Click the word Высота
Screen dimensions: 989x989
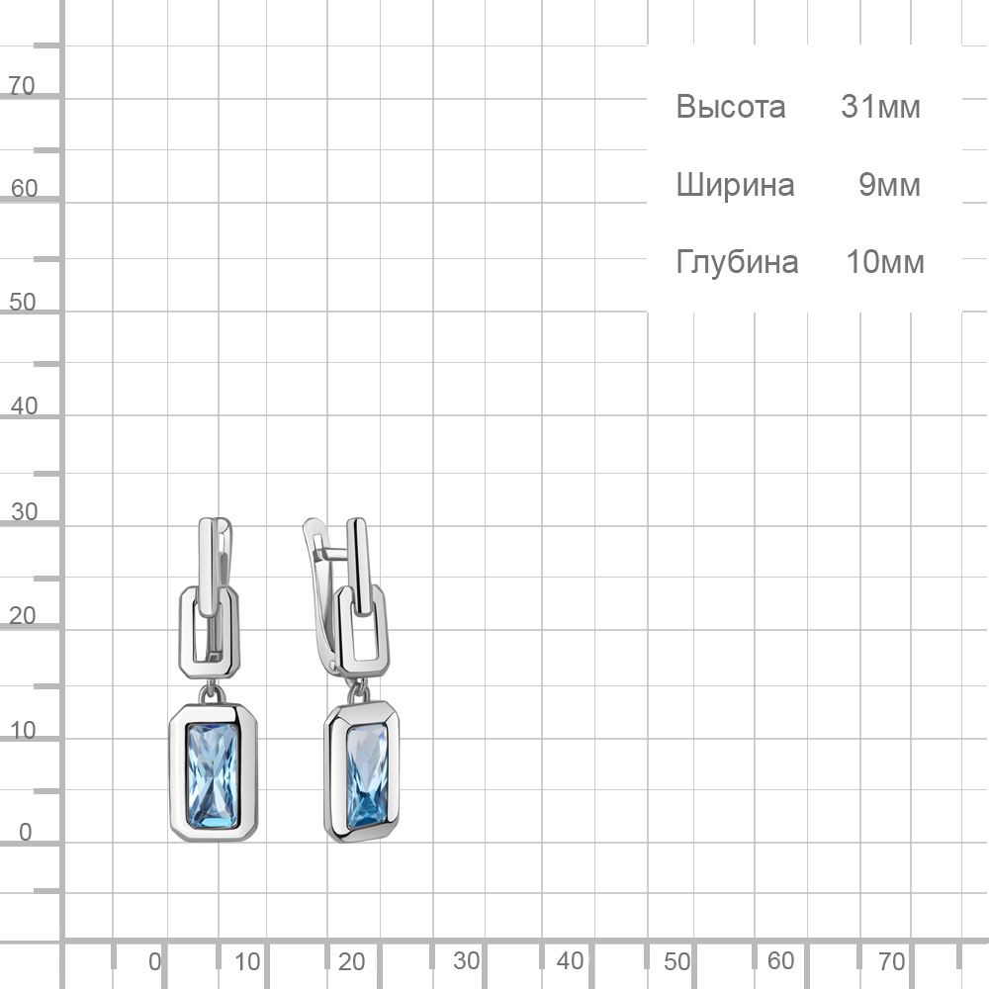coord(731,107)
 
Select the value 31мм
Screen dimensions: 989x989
coord(880,107)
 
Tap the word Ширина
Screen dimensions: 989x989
coord(735,186)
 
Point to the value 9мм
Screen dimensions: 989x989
coord(889,185)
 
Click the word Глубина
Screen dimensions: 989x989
coord(737,262)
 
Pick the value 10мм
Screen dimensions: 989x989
coord(885,262)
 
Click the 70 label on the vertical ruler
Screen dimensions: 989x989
coord(22,85)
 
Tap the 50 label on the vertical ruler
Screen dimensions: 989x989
coord(22,302)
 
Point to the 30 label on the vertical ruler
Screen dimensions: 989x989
coord(24,511)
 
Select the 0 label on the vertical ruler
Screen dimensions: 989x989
coord(26,832)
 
